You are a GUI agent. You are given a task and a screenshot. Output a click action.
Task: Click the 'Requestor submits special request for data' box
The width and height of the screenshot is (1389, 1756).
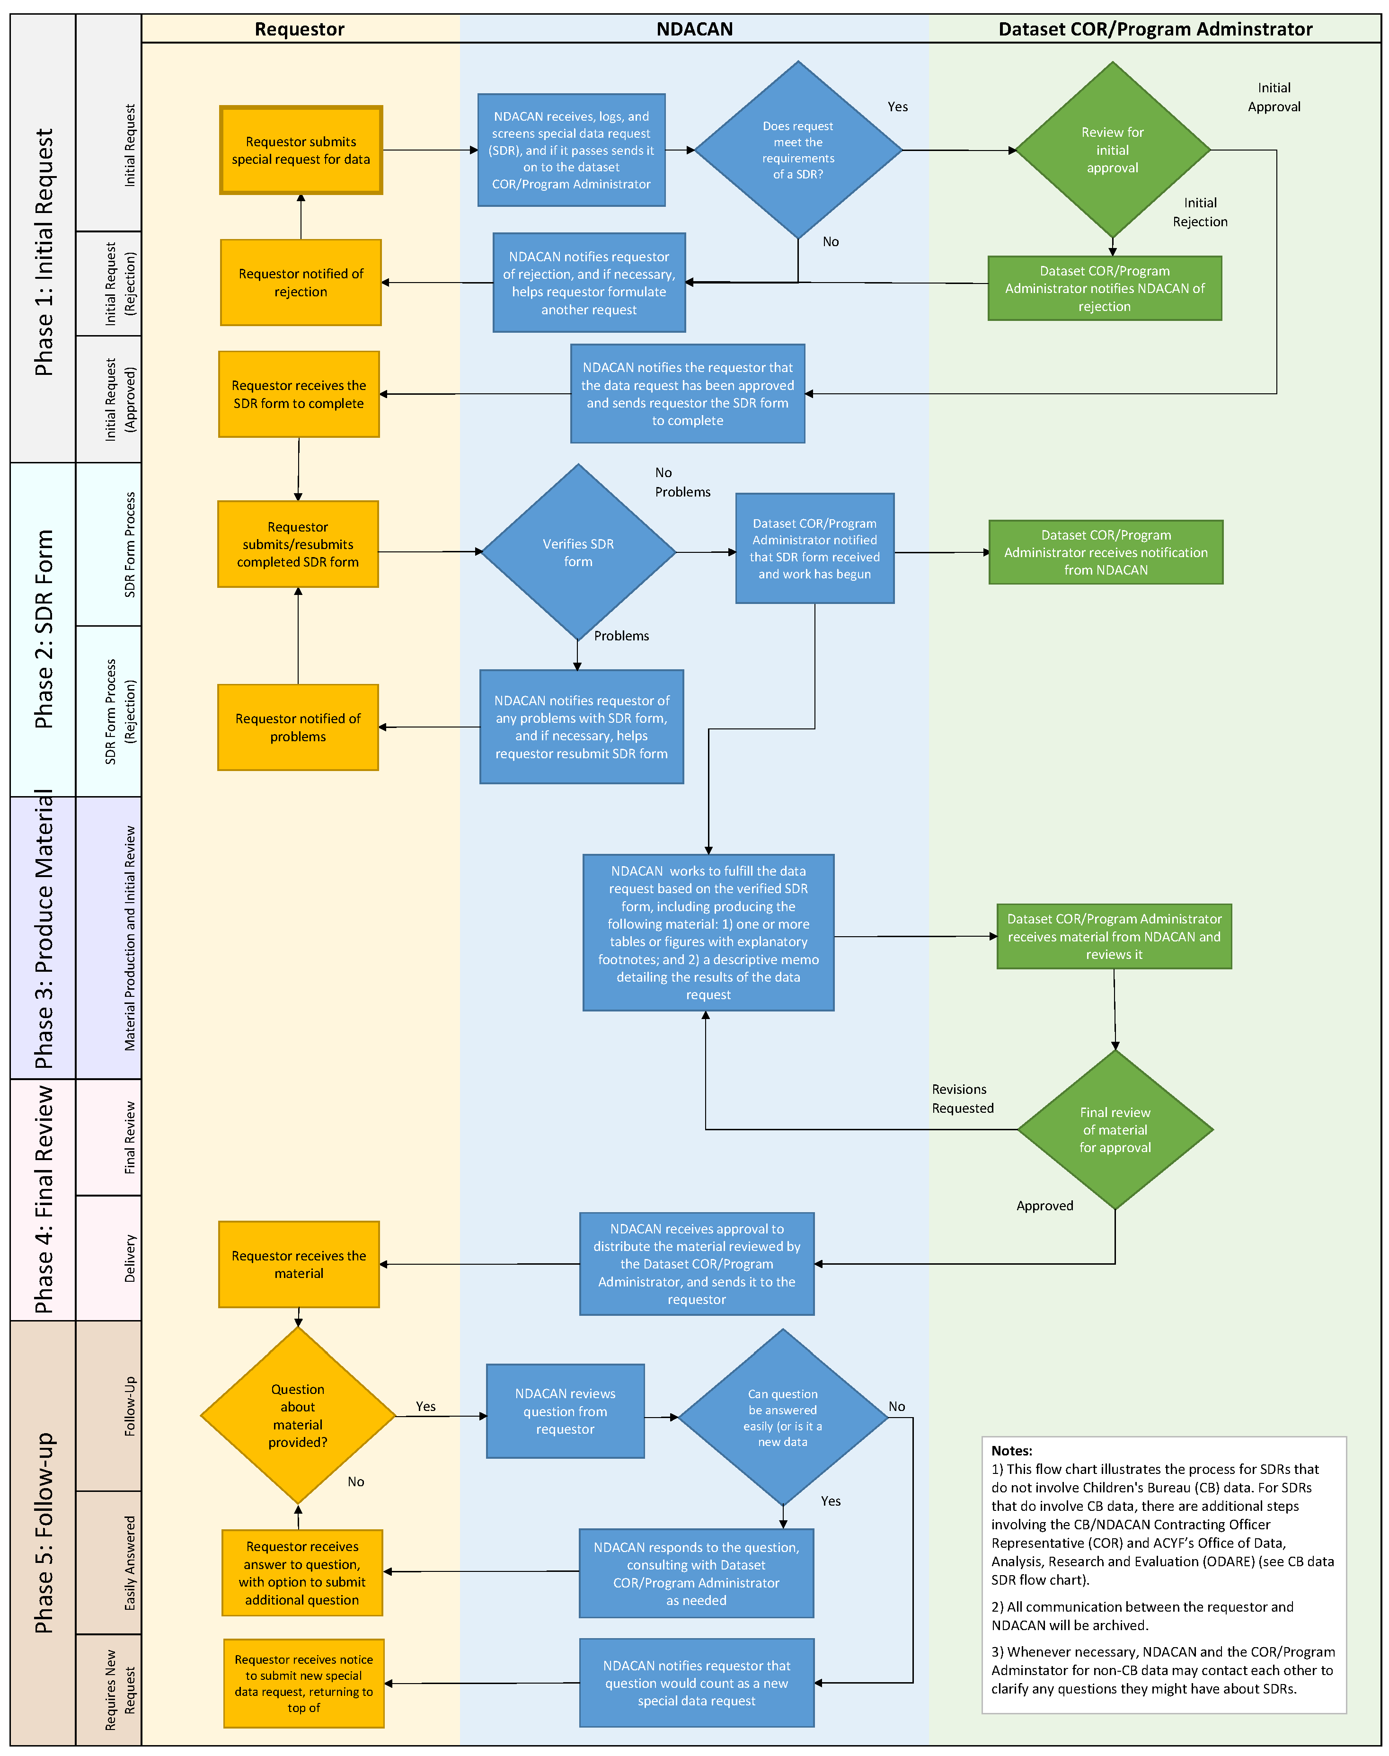[301, 151]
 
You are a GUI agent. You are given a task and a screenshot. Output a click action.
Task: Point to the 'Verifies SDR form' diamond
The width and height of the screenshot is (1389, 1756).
[578, 552]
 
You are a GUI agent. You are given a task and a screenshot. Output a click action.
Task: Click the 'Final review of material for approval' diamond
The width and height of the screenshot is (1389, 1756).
[1115, 1130]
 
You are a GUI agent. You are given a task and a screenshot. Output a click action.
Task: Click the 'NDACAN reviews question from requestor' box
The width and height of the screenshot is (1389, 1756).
[565, 1411]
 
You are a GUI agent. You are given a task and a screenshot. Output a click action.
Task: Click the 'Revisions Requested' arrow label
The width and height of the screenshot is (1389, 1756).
[962, 1098]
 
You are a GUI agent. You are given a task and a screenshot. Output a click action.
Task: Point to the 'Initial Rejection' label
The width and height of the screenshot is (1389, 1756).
[1200, 212]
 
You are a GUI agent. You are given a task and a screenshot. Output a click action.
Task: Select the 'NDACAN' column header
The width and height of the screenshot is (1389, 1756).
[695, 29]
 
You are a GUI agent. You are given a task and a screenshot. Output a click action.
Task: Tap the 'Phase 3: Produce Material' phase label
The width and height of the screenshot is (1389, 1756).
[44, 935]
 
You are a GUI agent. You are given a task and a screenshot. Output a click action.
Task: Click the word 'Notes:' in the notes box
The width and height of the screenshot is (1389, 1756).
[1012, 1450]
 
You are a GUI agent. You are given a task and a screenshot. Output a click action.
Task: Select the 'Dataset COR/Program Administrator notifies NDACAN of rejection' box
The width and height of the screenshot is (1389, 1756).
[1105, 289]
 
